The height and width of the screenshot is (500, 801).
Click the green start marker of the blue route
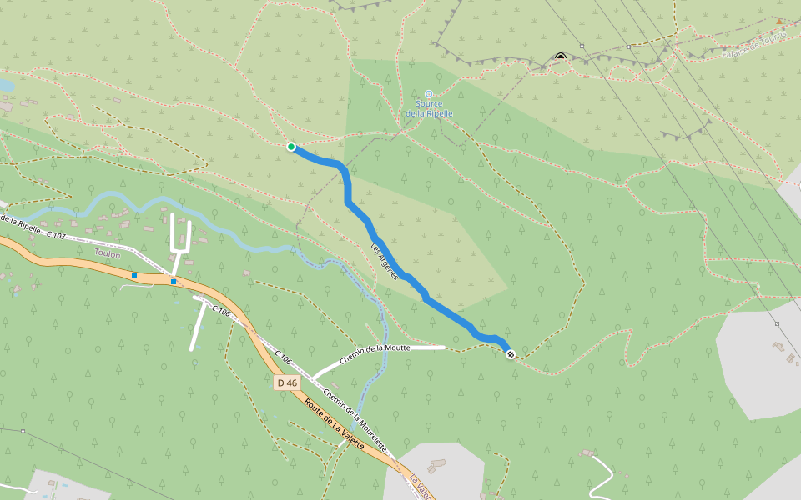[x=291, y=147]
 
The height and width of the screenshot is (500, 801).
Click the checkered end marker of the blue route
[x=511, y=355]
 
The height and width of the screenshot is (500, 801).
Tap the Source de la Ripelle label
[x=429, y=108]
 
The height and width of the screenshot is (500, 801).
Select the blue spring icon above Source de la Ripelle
[x=429, y=94]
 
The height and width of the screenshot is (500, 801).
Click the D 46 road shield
[x=286, y=382]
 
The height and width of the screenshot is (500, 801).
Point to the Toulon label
[x=107, y=255]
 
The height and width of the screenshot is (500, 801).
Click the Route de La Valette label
[x=335, y=425]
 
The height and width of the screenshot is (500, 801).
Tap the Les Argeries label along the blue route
[x=385, y=261]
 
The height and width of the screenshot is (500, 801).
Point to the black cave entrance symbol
[x=561, y=57]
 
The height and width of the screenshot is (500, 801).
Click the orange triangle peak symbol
[x=779, y=22]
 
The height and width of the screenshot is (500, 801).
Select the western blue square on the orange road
[x=133, y=275]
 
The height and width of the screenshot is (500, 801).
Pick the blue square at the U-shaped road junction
[x=174, y=282]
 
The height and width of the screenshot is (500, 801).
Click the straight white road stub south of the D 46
[x=199, y=325]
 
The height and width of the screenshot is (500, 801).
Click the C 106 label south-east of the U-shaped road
[x=221, y=311]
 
